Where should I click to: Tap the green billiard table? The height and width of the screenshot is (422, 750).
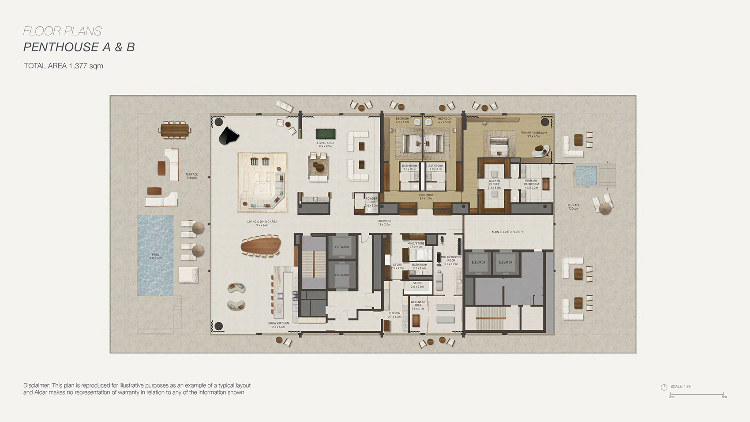coord(325,133)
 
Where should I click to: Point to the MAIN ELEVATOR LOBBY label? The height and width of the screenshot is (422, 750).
coord(507,232)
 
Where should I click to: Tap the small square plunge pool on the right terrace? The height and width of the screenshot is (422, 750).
coord(586,175)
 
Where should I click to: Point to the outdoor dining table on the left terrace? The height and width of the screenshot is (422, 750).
coord(175,130)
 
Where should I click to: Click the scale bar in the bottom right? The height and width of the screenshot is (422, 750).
coord(697,394)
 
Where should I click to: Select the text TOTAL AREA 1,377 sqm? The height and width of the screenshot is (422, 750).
coord(64,66)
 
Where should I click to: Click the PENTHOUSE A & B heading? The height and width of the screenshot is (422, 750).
coord(79,47)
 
